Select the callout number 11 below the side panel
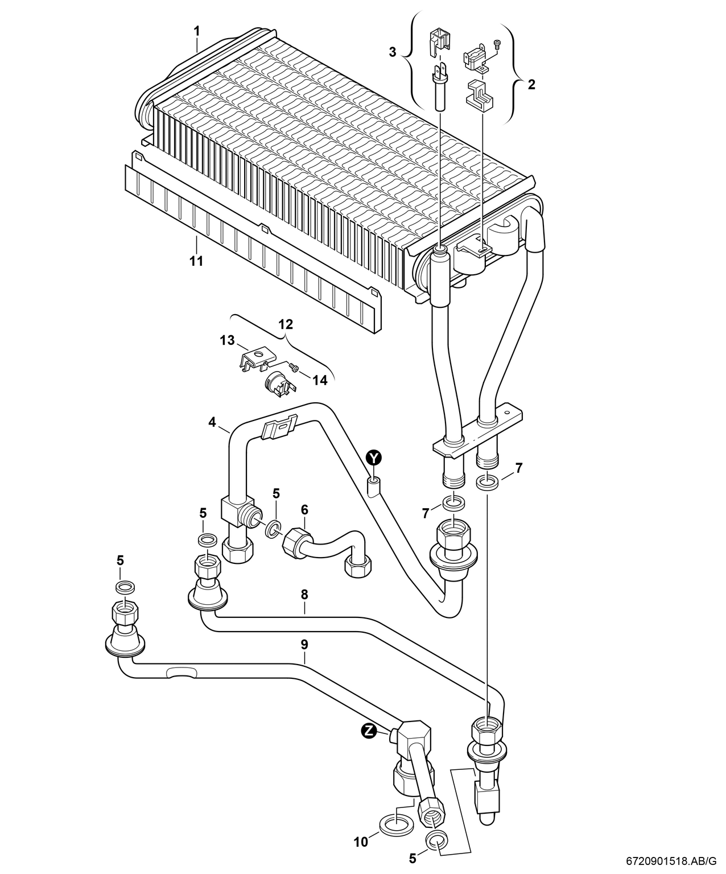[x=196, y=261]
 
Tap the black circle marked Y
[x=373, y=457]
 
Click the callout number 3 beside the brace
[x=392, y=52]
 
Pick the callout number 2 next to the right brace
[x=531, y=85]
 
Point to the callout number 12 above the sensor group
[x=286, y=324]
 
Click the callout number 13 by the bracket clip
[x=227, y=340]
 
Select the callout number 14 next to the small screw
[x=320, y=380]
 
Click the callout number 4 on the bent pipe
[x=212, y=422]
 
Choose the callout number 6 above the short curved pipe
[x=304, y=508]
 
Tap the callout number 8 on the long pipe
[x=304, y=595]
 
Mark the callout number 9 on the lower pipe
[x=304, y=644]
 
